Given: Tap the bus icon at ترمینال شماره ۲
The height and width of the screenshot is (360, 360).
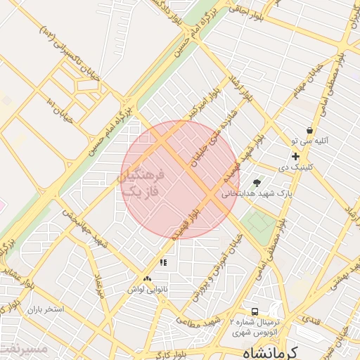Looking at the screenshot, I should (255, 311).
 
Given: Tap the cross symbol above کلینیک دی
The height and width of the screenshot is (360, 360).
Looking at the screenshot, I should (295, 156).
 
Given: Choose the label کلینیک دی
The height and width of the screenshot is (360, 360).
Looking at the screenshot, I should (295, 167).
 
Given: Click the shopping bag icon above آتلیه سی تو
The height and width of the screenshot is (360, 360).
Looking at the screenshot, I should (309, 131).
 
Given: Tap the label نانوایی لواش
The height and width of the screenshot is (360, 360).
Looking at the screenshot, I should (146, 289).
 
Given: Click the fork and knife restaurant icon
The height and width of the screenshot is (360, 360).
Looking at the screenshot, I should (163, 263).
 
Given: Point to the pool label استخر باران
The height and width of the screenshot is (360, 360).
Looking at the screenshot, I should (46, 309).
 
